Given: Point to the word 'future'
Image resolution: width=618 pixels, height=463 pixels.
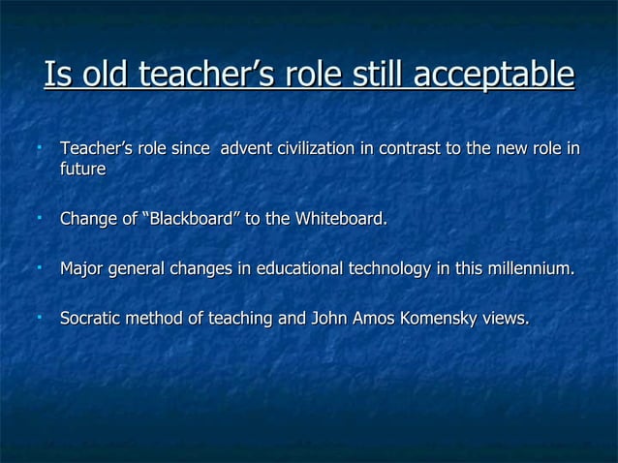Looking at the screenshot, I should pyautogui.click(x=82, y=169).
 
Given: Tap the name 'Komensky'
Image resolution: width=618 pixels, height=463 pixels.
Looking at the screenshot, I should pyautogui.click(x=436, y=317).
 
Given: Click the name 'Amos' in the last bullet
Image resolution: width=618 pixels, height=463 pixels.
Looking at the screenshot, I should pyautogui.click(x=366, y=317).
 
